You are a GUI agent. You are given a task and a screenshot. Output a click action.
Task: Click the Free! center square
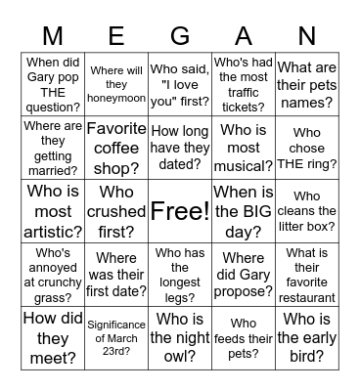click(x=180, y=210)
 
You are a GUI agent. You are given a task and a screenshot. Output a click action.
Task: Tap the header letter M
click(x=54, y=37)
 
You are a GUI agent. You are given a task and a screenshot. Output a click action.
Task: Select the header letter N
click(x=306, y=37)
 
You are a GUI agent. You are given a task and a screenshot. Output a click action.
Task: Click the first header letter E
click(x=116, y=37)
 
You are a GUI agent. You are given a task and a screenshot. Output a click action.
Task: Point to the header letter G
click(x=180, y=37)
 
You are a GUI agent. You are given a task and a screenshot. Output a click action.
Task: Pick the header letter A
click(x=244, y=37)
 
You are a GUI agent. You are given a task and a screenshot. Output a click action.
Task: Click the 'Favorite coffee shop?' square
click(x=116, y=147)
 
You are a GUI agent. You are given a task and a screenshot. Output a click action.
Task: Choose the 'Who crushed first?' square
click(x=116, y=210)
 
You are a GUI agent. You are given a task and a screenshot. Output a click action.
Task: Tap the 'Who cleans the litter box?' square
click(x=306, y=210)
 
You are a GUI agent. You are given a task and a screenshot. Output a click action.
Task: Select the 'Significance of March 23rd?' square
click(x=116, y=337)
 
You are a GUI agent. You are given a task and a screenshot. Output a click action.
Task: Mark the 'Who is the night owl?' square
click(x=180, y=337)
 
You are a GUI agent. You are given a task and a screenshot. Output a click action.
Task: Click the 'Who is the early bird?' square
click(x=306, y=337)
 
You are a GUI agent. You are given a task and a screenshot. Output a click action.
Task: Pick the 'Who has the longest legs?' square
click(x=180, y=274)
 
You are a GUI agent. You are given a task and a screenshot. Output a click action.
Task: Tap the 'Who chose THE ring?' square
click(x=306, y=147)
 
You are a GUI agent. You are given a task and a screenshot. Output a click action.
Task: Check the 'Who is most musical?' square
click(x=244, y=147)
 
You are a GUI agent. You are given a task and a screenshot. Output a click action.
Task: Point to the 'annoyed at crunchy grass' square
click(x=54, y=274)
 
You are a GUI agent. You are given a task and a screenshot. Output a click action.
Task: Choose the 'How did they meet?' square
click(x=54, y=337)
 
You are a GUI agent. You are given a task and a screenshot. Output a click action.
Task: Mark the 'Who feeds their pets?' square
click(x=244, y=337)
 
